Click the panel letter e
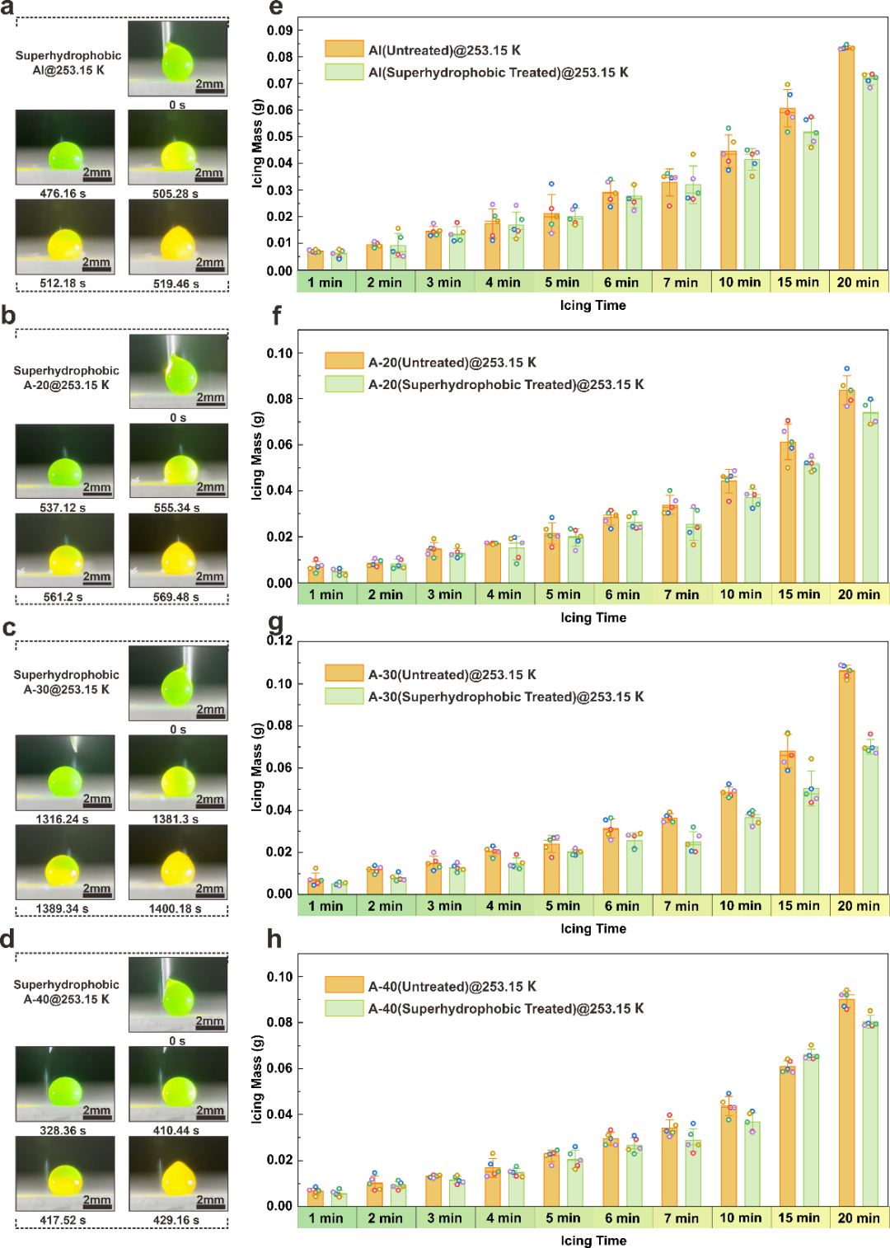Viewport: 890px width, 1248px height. pos(276,9)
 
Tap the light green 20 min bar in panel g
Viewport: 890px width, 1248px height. pos(870,820)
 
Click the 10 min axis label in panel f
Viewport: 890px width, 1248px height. pos(740,594)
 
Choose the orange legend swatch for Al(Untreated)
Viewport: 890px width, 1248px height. pos(344,49)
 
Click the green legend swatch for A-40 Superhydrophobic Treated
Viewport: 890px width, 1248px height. pos(344,1008)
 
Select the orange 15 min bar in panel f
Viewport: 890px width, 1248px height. pos(788,512)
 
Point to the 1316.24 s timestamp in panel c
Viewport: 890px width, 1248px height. pos(63,819)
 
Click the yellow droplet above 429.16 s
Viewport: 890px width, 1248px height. pos(178,1177)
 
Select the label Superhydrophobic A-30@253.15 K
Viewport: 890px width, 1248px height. pos(67,682)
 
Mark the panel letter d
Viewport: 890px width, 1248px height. pos(7,940)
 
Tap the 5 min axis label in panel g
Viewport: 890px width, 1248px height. pos(563,906)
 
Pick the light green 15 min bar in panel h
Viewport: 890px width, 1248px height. pos(812,1130)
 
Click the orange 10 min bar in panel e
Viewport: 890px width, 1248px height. pos(728,210)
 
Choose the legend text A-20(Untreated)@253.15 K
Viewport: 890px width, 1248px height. pos(452,362)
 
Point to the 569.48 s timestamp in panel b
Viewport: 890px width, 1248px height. pos(177,598)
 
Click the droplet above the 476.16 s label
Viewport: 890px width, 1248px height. pos(65,156)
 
